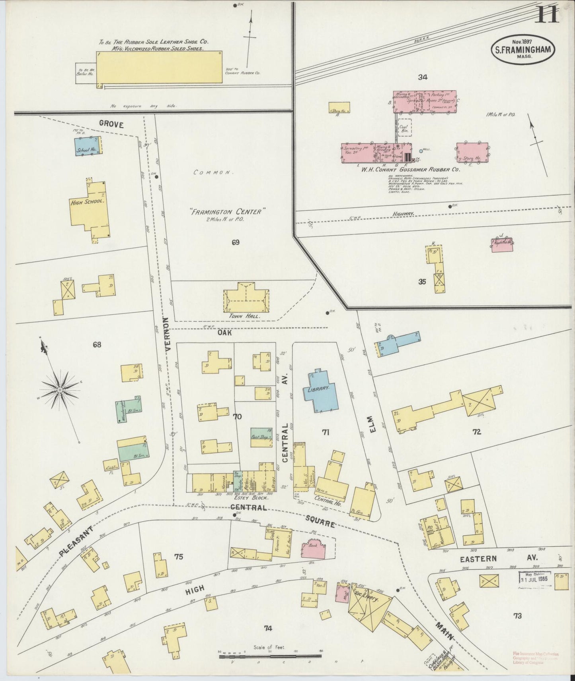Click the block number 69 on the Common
pyautogui.click(x=236, y=242)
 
